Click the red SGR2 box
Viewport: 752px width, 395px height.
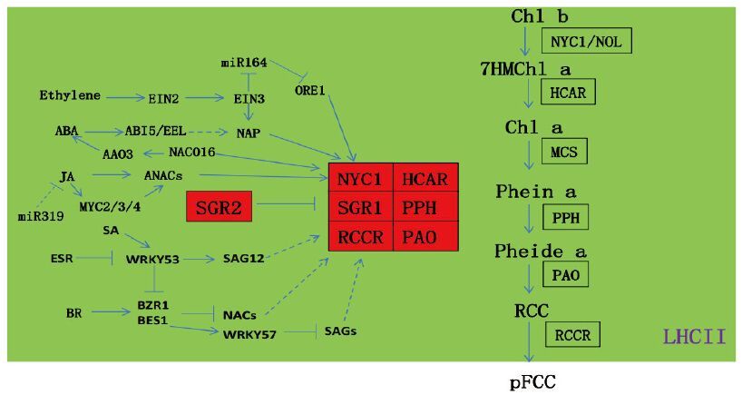(220, 208)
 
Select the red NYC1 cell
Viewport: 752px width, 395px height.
(360, 179)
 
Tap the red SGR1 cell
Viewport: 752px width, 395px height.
(360, 208)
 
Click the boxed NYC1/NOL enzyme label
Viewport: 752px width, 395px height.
(586, 41)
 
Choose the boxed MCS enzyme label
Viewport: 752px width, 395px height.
(564, 151)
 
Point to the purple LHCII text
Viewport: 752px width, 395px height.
(694, 337)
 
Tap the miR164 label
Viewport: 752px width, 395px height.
(243, 63)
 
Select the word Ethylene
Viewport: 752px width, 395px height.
(69, 95)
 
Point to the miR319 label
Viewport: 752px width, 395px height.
(37, 216)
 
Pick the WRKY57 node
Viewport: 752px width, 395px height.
(247, 334)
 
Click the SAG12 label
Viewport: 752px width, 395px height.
(243, 259)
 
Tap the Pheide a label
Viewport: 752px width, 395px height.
(540, 252)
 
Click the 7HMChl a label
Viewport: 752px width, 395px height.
(525, 69)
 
